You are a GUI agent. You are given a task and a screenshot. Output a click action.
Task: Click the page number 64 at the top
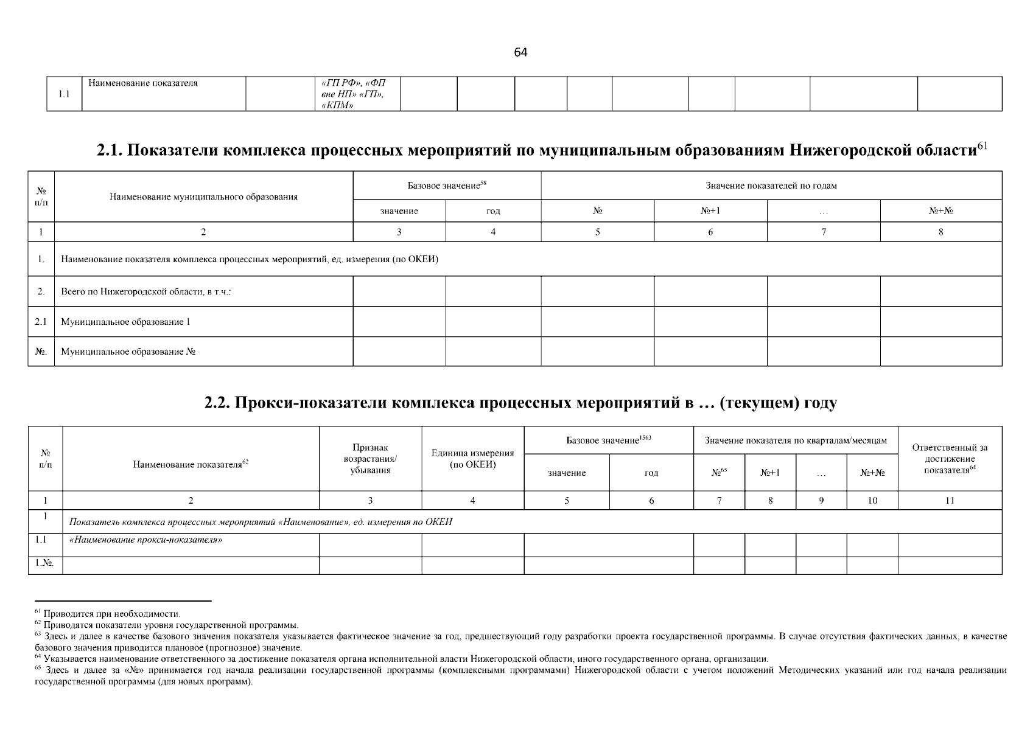point(520,52)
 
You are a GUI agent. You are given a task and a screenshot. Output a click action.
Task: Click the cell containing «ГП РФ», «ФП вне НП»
point(353,94)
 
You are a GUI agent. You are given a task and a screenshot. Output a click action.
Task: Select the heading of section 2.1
point(541,150)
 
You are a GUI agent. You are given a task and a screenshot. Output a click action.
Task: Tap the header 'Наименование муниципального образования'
point(203,196)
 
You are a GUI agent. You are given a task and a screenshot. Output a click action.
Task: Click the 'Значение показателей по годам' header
point(771,186)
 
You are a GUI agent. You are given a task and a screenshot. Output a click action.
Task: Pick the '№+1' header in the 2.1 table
point(710,211)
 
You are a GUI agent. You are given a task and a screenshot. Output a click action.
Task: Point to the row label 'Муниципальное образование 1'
point(125,322)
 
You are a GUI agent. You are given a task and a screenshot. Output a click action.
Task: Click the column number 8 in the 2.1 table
point(940,232)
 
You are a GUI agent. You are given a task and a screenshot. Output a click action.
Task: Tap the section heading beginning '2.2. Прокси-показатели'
point(520,403)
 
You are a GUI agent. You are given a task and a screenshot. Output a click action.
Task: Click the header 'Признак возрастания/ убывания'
point(370,459)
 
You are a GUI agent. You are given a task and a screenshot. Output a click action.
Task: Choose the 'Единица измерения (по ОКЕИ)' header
point(472,459)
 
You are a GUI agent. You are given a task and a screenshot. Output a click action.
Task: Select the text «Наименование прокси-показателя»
point(145,540)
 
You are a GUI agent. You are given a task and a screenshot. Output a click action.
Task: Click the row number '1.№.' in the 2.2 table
point(44,563)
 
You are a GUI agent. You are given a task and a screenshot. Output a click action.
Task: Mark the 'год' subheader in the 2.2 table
point(651,473)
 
